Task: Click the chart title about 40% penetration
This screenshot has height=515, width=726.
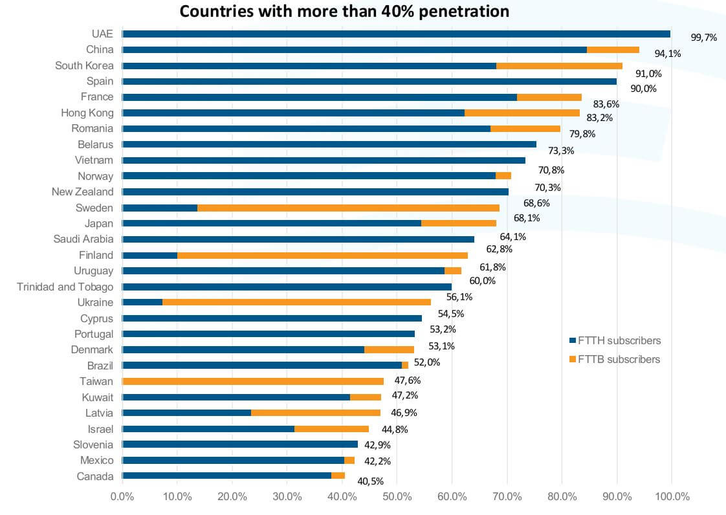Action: (x=344, y=11)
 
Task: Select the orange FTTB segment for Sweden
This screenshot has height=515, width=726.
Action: (x=348, y=208)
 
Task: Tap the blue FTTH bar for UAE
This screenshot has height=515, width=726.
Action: (x=396, y=34)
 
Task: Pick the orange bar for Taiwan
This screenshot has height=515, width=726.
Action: (x=253, y=381)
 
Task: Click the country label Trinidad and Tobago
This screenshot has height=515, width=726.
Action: (x=65, y=287)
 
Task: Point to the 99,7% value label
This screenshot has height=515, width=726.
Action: (x=703, y=38)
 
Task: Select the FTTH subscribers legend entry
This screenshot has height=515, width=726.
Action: (x=615, y=340)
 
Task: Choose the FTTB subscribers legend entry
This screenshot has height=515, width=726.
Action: (x=615, y=359)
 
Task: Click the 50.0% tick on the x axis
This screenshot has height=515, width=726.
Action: (x=397, y=497)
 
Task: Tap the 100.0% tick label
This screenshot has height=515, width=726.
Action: (x=671, y=497)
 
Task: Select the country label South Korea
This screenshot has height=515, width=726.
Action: (x=84, y=65)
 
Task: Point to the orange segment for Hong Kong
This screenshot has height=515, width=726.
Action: (x=522, y=113)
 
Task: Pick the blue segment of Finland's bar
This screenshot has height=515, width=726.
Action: (x=149, y=255)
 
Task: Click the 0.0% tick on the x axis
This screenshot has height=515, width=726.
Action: (x=122, y=497)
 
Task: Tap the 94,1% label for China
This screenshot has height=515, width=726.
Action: (x=667, y=54)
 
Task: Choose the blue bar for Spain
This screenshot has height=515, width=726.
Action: (x=369, y=82)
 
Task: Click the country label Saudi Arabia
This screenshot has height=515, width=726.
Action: (x=83, y=239)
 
